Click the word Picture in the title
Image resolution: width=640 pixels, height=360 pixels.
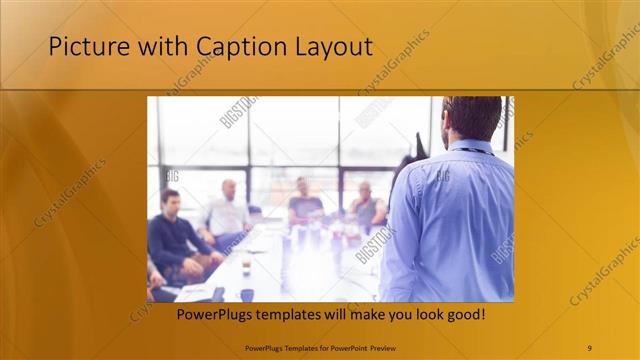tap(83, 47)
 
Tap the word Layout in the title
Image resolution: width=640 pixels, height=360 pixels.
tap(331, 47)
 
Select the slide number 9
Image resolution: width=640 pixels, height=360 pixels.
tap(589, 347)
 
